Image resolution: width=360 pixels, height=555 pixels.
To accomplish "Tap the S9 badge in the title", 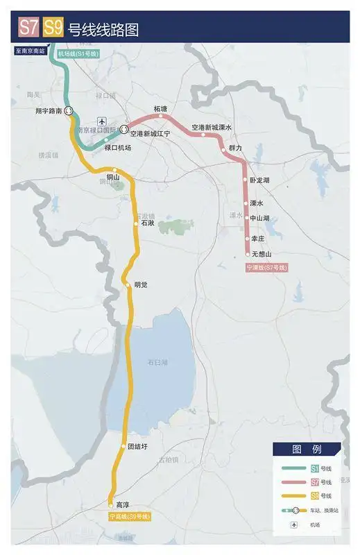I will [53, 28].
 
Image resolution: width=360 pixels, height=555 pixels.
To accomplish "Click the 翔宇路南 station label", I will [49, 110].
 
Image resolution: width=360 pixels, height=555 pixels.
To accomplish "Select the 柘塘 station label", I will [161, 109].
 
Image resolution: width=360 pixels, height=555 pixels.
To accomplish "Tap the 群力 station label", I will [235, 148].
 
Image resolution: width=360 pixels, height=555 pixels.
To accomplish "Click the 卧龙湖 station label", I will [259, 180].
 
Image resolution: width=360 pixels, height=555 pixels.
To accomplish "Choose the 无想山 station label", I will [262, 255].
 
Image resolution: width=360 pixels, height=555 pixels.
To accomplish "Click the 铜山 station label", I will [113, 178].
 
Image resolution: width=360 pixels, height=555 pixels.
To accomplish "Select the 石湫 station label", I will [147, 224].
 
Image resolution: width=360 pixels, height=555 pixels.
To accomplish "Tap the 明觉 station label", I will [141, 285].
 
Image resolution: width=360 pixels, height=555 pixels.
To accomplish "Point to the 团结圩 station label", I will [138, 447].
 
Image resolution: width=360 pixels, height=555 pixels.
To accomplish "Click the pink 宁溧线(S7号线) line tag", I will [266, 266].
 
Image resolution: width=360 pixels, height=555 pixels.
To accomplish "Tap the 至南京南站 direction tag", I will [30, 51].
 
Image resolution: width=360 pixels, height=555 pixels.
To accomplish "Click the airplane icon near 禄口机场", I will [103, 122].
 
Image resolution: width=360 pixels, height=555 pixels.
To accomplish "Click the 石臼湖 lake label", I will [157, 362].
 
